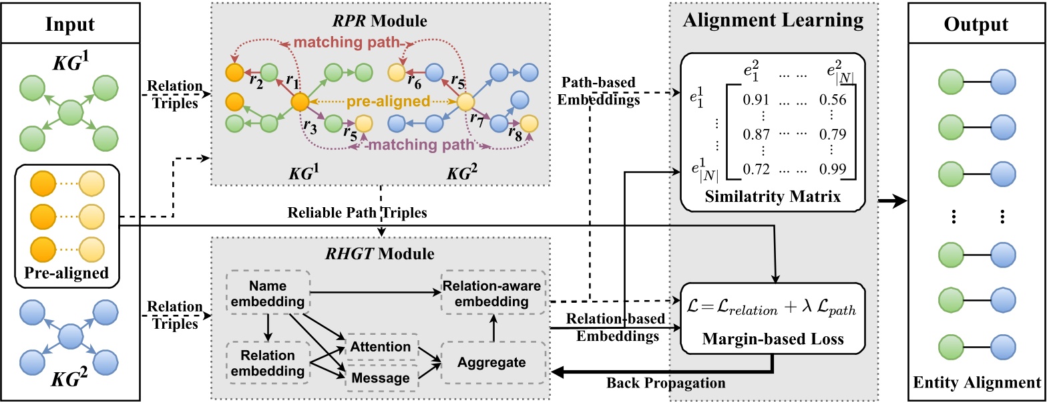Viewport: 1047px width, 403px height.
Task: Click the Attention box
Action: coord(381,347)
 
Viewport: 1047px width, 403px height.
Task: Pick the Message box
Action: coord(381,378)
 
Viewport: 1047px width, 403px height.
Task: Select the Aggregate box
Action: coord(491,362)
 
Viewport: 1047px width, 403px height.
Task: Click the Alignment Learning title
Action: coord(773,21)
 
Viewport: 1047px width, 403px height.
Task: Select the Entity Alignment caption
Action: coord(976,383)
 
